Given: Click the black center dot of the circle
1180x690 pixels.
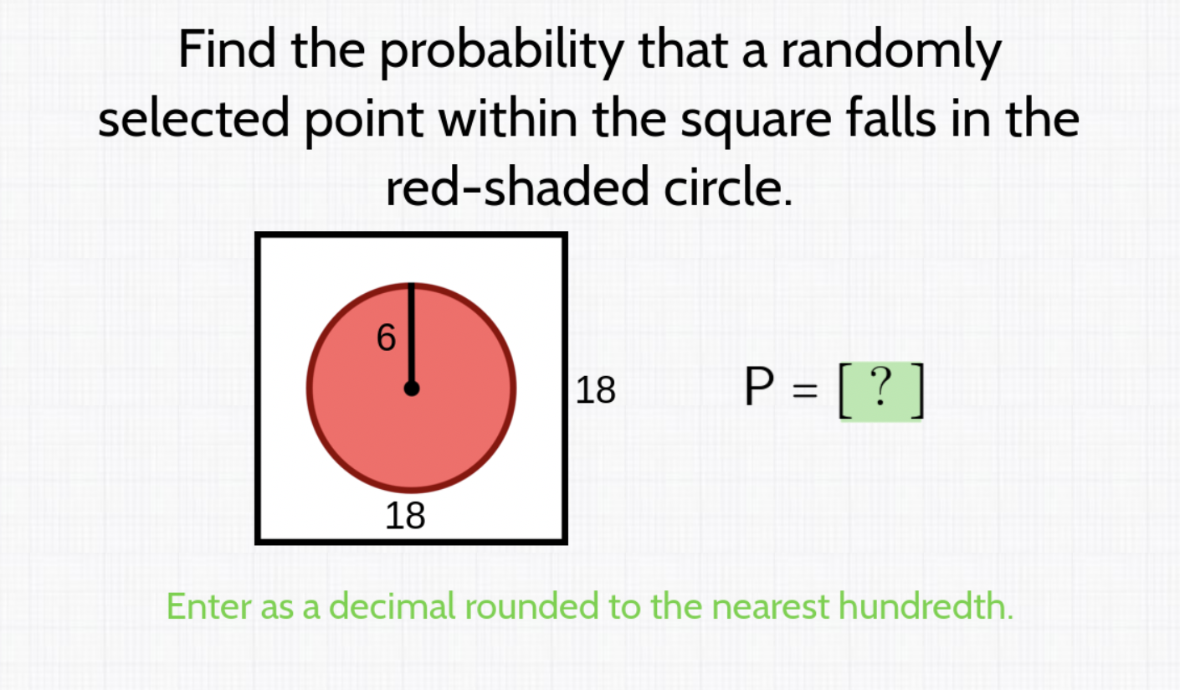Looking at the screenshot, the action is coord(412,389).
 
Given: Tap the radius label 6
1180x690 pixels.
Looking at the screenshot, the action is coord(386,337).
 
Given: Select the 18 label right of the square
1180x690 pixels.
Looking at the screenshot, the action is coord(595,390).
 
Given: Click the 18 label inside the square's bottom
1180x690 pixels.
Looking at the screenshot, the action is coord(405,516).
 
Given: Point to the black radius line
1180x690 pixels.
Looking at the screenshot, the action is coord(412,336).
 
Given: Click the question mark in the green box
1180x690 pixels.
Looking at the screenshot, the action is coord(881,387).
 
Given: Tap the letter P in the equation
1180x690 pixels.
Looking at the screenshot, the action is coord(759,386).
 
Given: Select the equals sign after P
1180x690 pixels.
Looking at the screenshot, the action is coord(805,391).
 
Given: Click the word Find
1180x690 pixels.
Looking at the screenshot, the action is coord(227,49).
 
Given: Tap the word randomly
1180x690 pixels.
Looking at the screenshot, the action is coord(890,54).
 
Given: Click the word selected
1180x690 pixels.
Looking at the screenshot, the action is coord(193,117).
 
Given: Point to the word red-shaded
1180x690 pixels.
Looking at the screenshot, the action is coord(517,187).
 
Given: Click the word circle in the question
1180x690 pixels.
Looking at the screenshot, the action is coord(728,187).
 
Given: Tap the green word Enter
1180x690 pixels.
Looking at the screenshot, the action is coord(209,606).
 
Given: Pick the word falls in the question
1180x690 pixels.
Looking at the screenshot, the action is coord(891,117).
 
